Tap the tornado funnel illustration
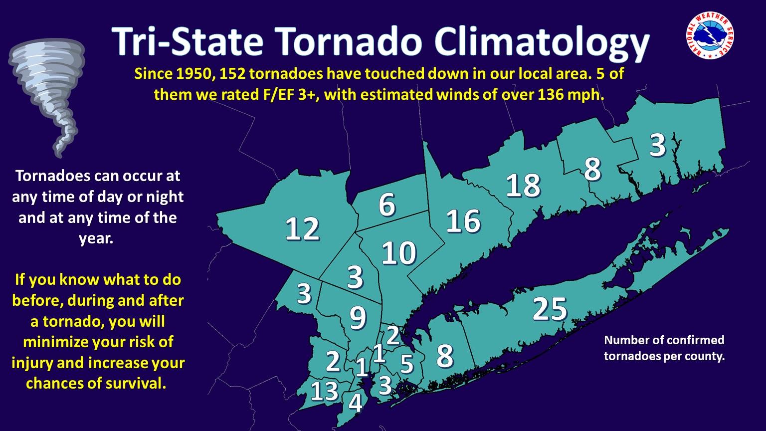coord(46,95)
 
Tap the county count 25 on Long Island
coord(550,309)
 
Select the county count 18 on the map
coord(523,186)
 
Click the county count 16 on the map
coord(463,221)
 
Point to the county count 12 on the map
coord(302,229)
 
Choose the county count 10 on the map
coord(399,253)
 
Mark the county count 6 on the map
coord(387,205)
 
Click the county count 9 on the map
coord(358,318)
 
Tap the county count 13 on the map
coord(325,391)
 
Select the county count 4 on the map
coord(355,403)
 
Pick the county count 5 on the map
coord(407,364)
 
